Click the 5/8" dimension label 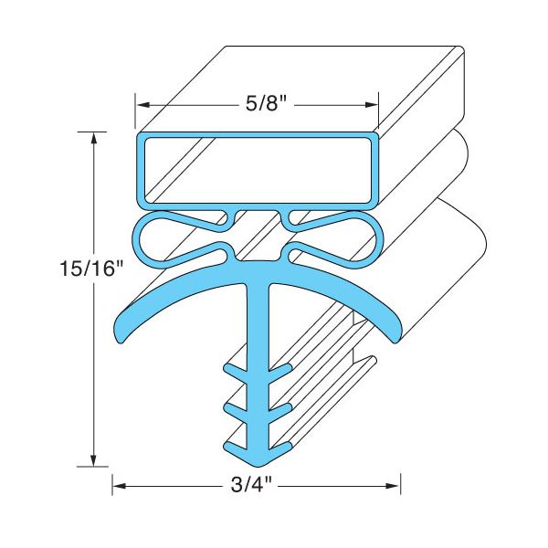267,104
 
